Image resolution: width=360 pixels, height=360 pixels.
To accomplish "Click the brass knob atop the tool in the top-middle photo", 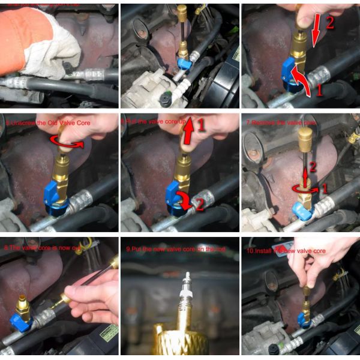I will point(181,12).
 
